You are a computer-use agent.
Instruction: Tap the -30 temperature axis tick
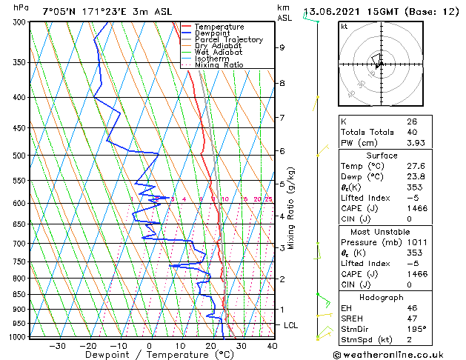click(x=57, y=345)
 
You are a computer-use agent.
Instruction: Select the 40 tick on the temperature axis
click(x=272, y=345)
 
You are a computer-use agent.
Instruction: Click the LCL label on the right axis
click(x=291, y=325)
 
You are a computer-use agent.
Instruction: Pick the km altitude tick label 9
click(x=282, y=47)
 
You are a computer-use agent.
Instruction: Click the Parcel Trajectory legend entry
click(x=228, y=40)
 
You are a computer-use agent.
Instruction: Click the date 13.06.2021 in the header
click(x=333, y=12)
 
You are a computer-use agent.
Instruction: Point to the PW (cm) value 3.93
click(x=415, y=143)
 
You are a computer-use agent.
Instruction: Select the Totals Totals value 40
click(x=411, y=132)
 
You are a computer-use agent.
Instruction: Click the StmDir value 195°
click(x=415, y=329)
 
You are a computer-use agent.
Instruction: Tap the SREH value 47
click(x=411, y=318)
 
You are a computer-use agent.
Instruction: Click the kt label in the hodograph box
click(x=344, y=27)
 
